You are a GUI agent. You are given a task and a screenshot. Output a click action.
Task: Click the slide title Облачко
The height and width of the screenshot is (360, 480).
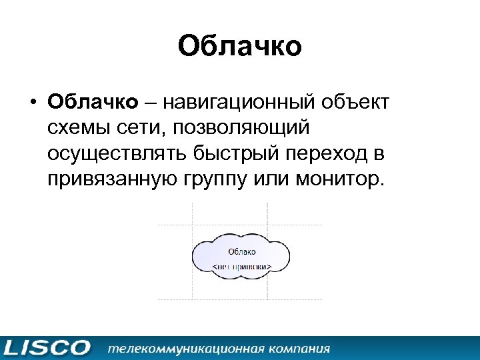240,47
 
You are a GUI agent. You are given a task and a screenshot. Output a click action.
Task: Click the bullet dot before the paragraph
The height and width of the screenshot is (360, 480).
31,104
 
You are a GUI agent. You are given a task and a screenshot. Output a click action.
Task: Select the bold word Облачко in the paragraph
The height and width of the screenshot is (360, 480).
93,103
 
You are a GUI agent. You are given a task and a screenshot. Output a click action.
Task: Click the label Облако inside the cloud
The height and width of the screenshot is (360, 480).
241,251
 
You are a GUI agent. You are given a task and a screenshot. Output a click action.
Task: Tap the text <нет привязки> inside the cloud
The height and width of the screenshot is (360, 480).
241,266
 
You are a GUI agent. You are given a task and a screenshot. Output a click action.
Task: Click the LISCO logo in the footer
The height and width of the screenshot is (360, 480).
46,347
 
